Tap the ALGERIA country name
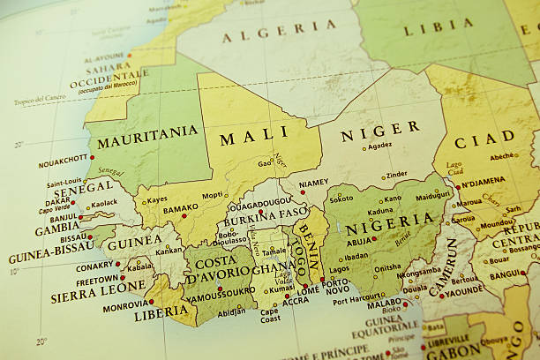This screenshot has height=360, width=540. pos(278,33)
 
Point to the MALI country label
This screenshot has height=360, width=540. pos(254,138)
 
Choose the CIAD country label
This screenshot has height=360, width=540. pos(485,138)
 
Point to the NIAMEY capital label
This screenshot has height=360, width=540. pos(313,184)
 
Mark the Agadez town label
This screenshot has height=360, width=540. pos(379,146)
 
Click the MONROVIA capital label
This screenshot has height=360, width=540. pos(125,305)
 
